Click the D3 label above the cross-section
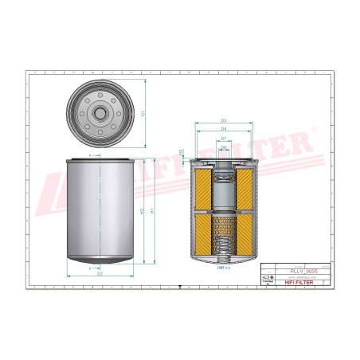[224, 120]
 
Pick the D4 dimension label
[224, 129]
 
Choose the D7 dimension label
[224, 139]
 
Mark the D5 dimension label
[224, 147]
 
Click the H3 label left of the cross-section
[182, 151]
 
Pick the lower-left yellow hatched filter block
[204, 232]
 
